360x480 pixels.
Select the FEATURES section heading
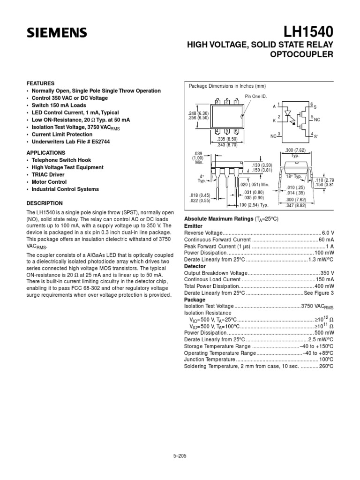pyautogui.click(x=40, y=83)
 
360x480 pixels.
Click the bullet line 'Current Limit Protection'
pyautogui.click(x=62, y=134)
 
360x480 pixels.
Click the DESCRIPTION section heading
pyautogui.click(x=45, y=203)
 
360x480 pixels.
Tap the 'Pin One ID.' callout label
pyautogui.click(x=255, y=96)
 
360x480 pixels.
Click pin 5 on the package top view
pyautogui.click(x=227, y=131)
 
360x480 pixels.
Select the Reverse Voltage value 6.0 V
pyautogui.click(x=327, y=233)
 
